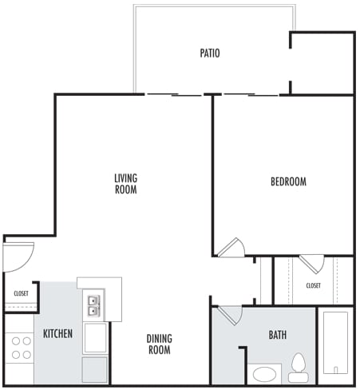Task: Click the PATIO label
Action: (210, 54)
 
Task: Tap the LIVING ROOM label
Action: (125, 184)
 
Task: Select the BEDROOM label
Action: (288, 182)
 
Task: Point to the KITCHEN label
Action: (58, 332)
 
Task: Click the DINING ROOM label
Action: (160, 344)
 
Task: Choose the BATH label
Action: (278, 335)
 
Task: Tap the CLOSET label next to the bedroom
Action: (314, 285)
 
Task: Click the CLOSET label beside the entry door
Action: (21, 293)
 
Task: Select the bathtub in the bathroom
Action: (335, 341)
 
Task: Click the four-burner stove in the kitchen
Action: (21, 348)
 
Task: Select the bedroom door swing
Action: (230, 247)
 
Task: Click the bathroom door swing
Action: (229, 314)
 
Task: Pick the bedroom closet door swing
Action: (312, 264)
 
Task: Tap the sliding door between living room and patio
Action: (174, 95)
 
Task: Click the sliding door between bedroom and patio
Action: (249, 95)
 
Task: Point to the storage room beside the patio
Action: (322, 64)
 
